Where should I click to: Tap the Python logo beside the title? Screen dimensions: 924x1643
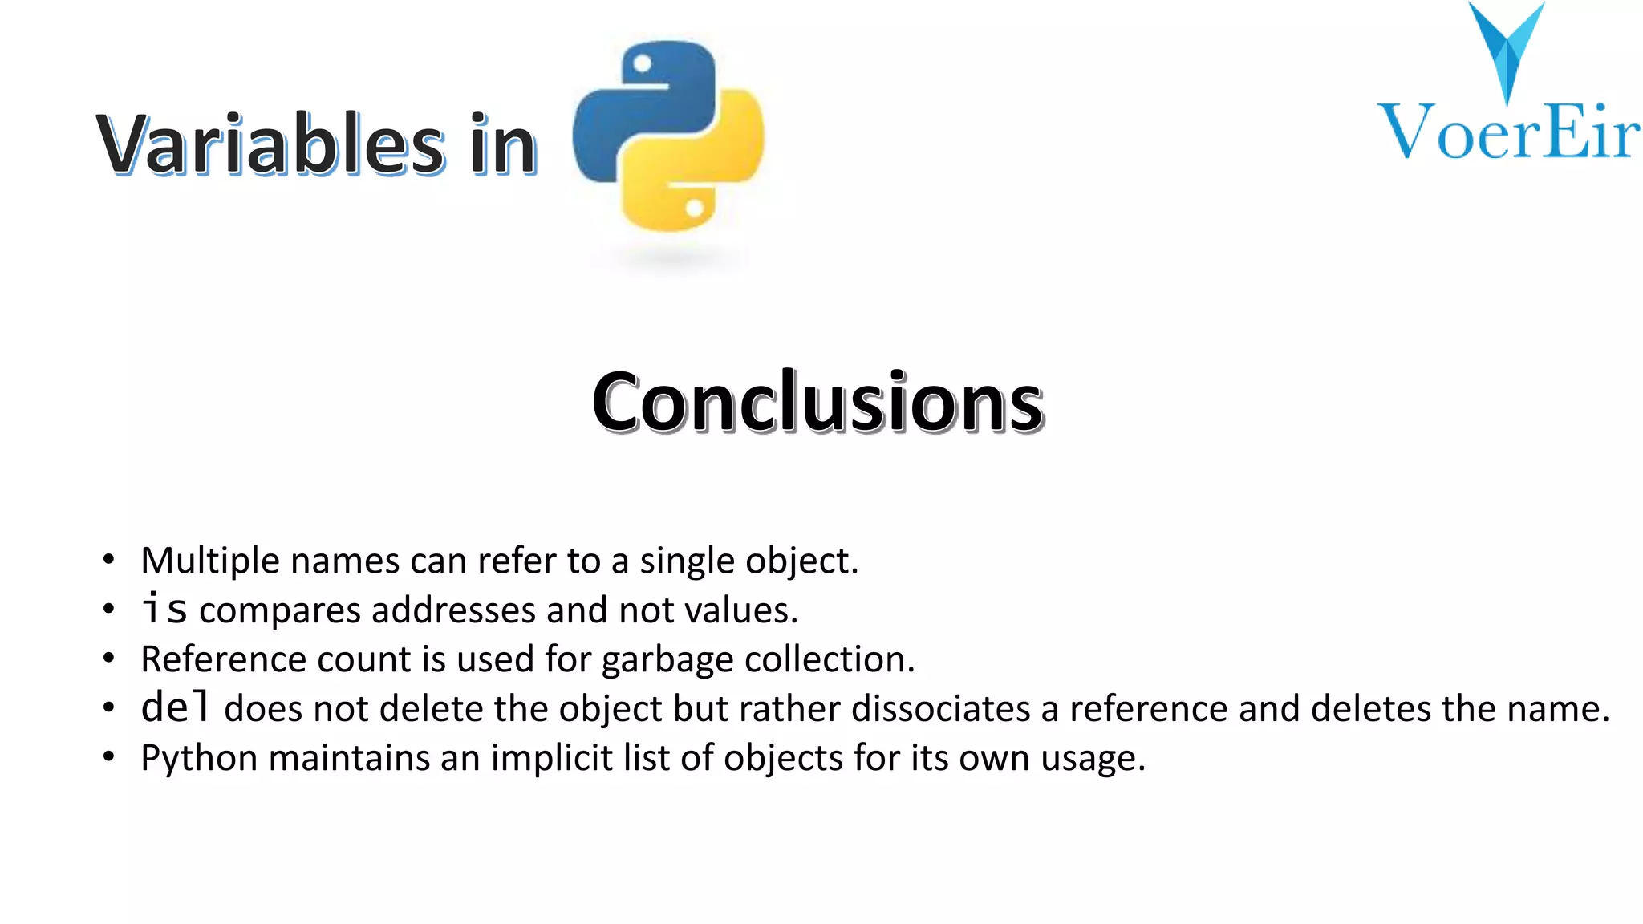tap(668, 136)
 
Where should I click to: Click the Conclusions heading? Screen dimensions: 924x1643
tap(817, 402)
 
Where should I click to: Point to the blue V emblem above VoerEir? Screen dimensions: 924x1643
tap(1506, 48)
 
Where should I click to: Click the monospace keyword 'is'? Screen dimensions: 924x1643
tap(164, 609)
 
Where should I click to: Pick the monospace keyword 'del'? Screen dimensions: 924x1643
tap(175, 707)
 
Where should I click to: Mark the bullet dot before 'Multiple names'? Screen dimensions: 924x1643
tap(109, 560)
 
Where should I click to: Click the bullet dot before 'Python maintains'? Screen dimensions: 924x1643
tap(109, 757)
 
